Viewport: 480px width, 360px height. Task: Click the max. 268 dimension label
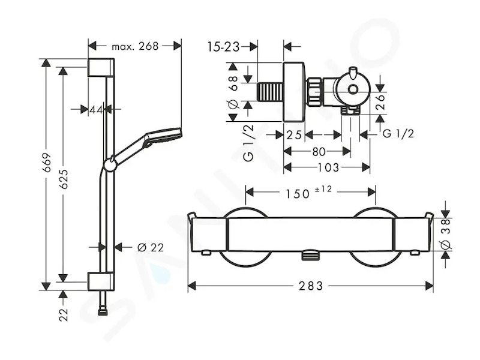coord(135,46)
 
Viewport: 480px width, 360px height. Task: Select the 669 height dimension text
coord(47,163)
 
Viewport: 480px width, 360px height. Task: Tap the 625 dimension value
coord(64,179)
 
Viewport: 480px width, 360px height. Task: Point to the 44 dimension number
coord(96,109)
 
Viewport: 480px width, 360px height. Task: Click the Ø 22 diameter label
coord(151,247)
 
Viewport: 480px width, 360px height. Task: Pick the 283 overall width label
coord(311,286)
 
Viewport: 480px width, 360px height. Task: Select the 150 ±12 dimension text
coord(308,192)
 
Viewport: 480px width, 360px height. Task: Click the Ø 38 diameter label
coord(446,233)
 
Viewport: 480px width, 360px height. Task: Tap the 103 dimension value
coord(328,167)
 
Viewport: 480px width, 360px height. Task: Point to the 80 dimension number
coord(319,151)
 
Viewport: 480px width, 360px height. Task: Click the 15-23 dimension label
coord(223,47)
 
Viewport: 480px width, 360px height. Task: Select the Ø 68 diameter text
coord(233,92)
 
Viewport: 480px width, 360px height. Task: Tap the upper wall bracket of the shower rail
coord(101,67)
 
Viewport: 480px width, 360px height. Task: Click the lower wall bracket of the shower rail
coord(101,281)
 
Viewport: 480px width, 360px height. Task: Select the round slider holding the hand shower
coord(110,164)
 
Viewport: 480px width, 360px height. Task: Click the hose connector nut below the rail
coord(101,312)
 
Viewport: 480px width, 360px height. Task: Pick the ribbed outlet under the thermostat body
coord(310,255)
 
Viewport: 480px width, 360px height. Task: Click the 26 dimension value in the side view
coord(380,102)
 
